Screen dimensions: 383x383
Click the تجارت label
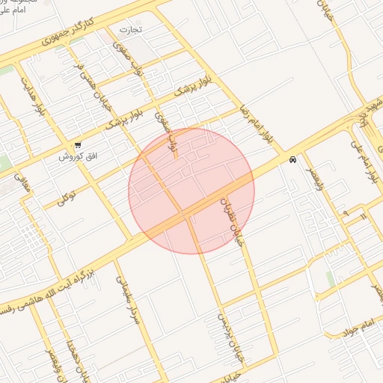[x=131, y=30]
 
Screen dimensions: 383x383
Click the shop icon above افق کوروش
[x=77, y=145]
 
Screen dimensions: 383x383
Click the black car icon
[x=292, y=159]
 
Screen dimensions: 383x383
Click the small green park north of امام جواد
[x=330, y=281]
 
